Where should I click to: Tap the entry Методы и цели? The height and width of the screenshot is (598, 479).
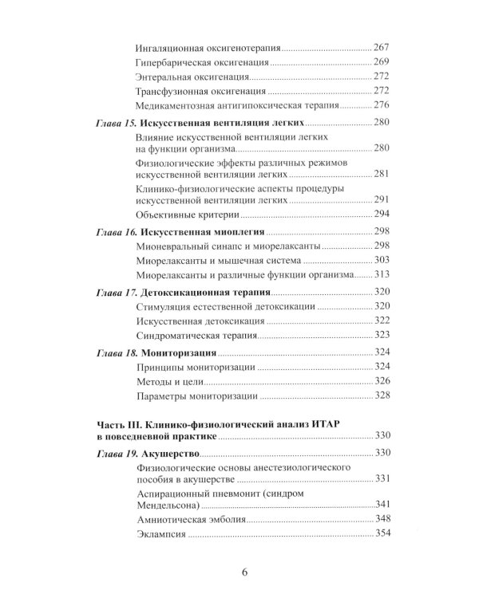[170, 381]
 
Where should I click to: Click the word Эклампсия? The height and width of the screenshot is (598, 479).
[163, 535]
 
